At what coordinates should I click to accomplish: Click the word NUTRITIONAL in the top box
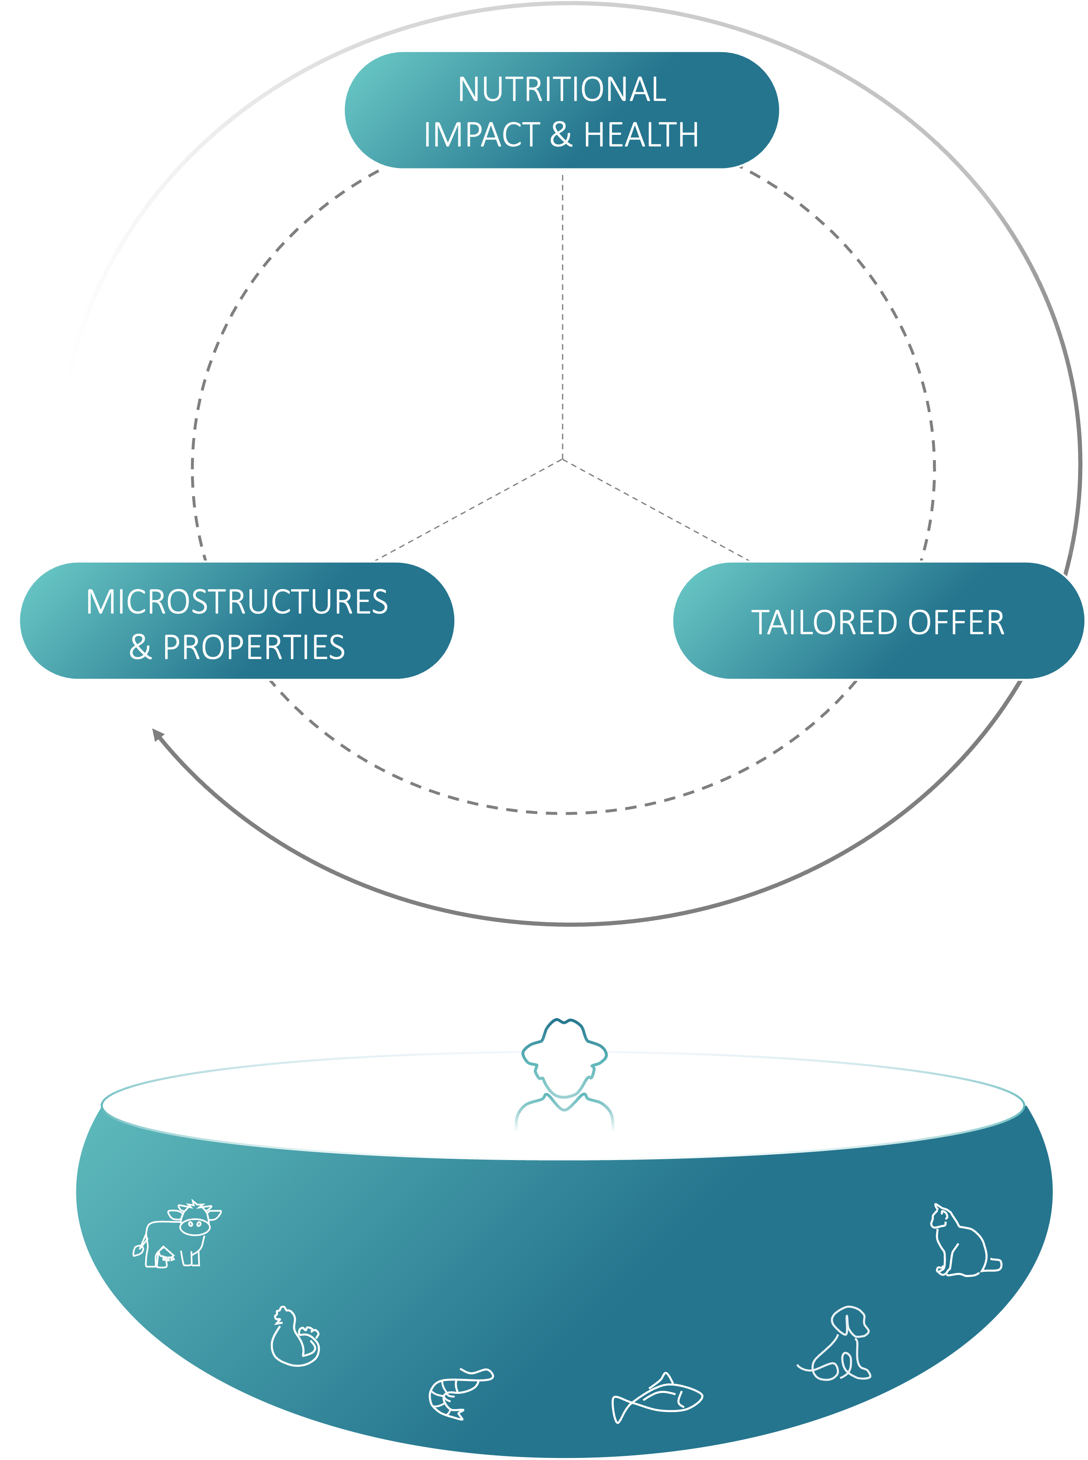562,89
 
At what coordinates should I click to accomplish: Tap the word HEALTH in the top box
641,135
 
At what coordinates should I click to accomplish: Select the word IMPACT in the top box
482,135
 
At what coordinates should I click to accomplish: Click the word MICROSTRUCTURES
237,602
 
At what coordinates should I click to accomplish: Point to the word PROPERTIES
254,647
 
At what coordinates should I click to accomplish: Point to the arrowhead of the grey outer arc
157,734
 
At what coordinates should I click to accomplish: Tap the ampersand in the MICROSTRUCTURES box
140,647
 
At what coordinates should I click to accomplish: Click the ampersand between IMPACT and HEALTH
561,135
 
